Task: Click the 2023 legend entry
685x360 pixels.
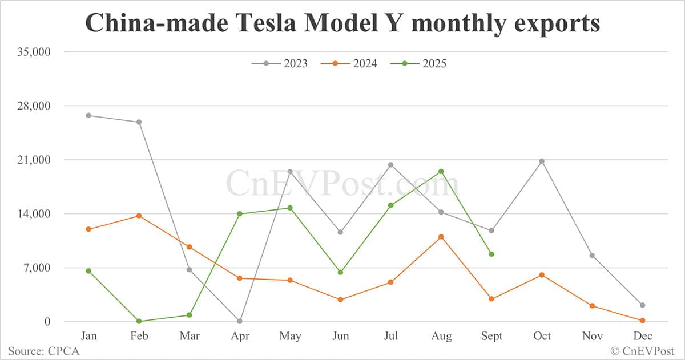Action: [280, 63]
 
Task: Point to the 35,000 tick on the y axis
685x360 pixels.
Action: [34, 52]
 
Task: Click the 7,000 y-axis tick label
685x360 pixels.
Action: [37, 268]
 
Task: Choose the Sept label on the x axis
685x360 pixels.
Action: [491, 336]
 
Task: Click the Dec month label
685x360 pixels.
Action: [643, 336]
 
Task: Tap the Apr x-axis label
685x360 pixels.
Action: [240, 336]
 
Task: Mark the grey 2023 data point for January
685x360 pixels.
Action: [88, 115]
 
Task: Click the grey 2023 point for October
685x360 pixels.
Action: [542, 161]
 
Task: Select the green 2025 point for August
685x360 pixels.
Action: [441, 171]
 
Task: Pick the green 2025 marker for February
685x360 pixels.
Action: [139, 321]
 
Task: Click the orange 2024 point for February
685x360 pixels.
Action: [139, 216]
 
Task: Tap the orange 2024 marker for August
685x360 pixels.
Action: [441, 237]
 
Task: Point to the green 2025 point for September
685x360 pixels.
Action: [491, 254]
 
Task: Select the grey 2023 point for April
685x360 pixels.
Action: [240, 321]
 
